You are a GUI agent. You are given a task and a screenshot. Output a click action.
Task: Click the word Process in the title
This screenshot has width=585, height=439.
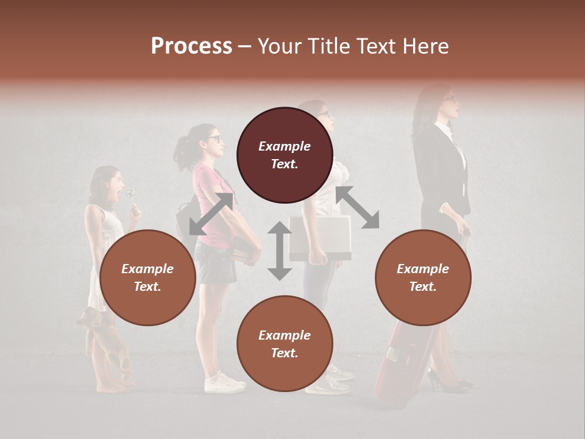click(191, 46)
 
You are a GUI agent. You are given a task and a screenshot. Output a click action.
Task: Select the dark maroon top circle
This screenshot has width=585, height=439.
click(285, 155)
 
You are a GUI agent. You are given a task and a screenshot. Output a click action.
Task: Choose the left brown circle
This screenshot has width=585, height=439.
click(147, 277)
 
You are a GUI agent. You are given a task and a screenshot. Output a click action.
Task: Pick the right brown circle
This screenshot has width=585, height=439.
click(422, 277)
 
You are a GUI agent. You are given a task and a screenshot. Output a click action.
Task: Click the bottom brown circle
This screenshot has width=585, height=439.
click(285, 344)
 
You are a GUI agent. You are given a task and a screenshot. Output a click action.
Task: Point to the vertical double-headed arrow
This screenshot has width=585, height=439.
click(280, 251)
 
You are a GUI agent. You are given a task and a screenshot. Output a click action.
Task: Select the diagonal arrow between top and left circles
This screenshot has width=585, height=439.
click(211, 214)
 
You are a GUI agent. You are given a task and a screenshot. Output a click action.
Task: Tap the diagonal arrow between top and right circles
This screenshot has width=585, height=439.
click(357, 207)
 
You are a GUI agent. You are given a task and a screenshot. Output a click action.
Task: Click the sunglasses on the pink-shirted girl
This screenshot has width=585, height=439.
click(214, 139)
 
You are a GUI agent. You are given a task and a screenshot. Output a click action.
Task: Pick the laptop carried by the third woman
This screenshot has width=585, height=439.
click(320, 238)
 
